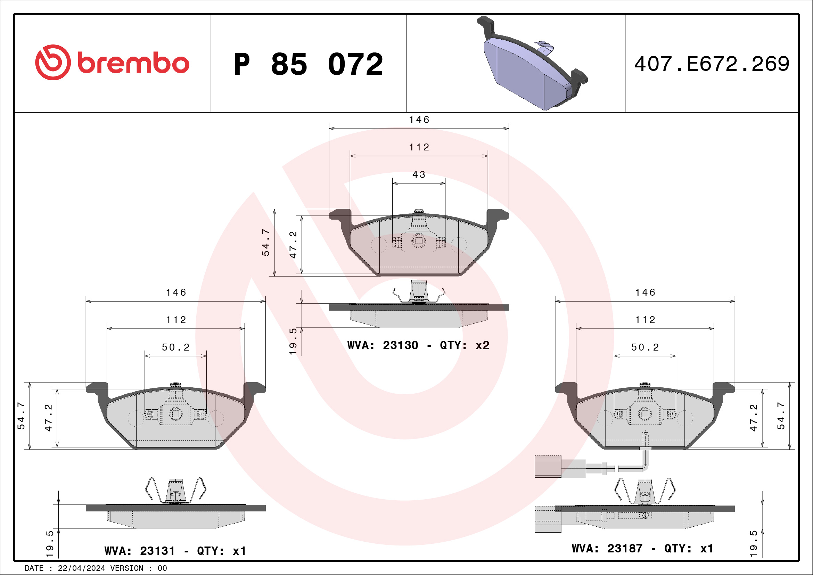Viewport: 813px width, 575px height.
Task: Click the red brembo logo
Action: point(112,63)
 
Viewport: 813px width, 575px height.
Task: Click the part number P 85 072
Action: point(308,64)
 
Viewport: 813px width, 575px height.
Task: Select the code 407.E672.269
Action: point(712,64)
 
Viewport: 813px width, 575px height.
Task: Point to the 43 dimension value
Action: point(419,174)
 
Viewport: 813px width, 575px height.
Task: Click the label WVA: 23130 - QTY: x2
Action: point(418,345)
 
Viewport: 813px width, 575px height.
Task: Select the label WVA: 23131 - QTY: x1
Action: point(175,551)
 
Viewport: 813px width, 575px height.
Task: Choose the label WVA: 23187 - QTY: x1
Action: point(642,548)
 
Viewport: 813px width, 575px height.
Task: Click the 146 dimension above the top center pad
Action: point(419,120)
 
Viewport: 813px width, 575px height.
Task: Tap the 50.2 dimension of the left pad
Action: point(176,347)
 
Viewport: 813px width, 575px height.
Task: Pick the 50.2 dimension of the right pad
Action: point(645,347)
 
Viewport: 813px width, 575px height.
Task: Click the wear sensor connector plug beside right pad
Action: point(548,467)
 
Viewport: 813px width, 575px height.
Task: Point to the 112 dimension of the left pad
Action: point(176,320)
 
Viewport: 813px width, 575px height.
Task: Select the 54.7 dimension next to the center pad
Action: point(265,242)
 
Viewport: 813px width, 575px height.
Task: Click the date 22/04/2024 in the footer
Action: point(81,568)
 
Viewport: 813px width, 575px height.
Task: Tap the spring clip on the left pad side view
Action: point(175,490)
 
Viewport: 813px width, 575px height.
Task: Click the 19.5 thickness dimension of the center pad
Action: point(293,341)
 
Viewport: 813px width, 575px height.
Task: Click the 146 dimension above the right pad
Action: point(645,293)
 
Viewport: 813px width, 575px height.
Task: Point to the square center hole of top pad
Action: point(419,241)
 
